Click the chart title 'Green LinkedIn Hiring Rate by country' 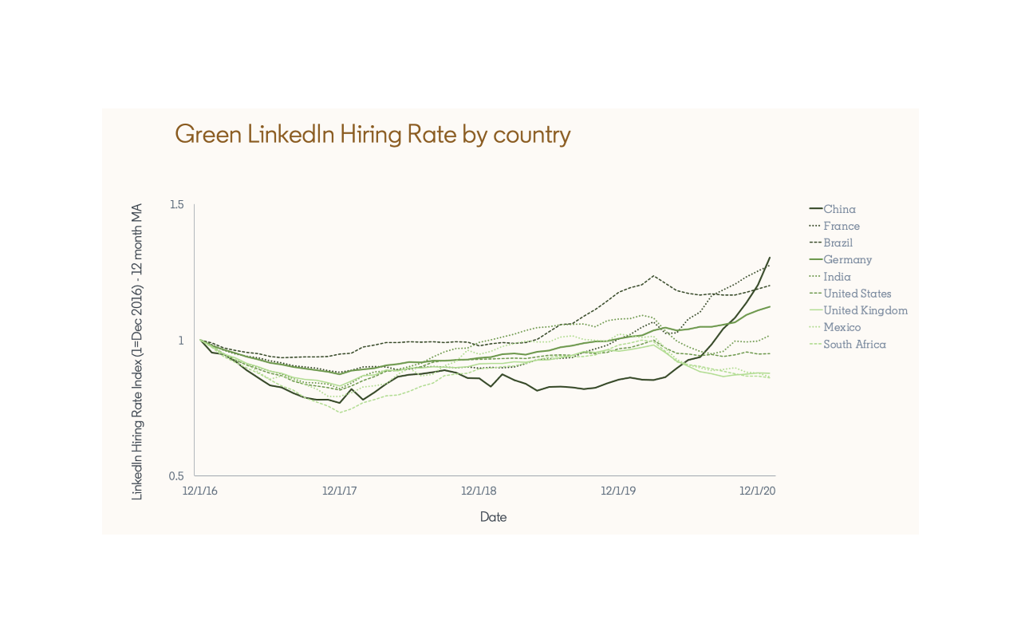[373, 134]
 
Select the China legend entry [839, 209]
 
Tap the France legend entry [842, 226]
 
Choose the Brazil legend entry [838, 243]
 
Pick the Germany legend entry [847, 259]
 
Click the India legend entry [837, 277]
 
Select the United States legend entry [857, 294]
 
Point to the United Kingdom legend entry [865, 310]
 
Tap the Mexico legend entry [842, 327]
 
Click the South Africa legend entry [854, 345]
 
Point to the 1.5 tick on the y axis [176, 205]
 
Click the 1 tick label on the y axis [180, 341]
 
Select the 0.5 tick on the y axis [176, 476]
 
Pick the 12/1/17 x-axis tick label [339, 491]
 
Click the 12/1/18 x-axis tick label [479, 491]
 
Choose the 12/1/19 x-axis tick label [618, 491]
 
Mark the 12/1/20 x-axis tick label [758, 491]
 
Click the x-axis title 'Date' [493, 517]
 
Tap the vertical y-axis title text [137, 352]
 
